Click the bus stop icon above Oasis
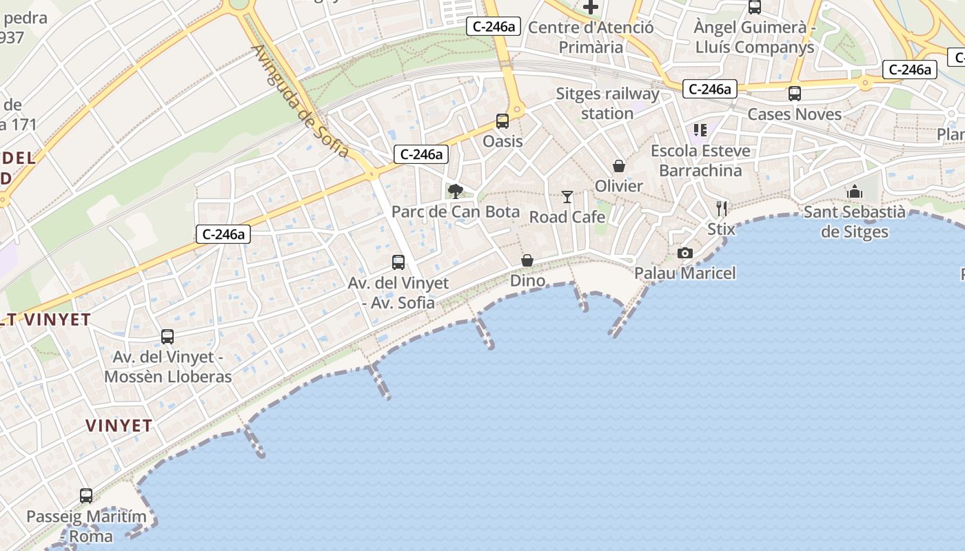coord(502,121)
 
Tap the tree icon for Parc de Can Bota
coord(455,191)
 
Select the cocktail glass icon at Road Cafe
coord(567,197)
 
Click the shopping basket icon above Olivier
coord(619,166)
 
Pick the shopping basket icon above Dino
coord(527,260)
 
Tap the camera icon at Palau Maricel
coord(684,253)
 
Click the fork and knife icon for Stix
coord(722,208)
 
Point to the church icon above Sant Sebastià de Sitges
coord(855,191)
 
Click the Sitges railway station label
coord(607,103)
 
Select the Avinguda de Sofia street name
coord(301,101)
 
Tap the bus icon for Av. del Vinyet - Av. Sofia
coord(398,262)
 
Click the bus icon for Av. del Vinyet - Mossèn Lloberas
coord(167,337)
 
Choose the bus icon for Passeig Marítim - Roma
coord(86,496)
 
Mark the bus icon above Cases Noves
coord(795,94)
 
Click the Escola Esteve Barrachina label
coord(700,160)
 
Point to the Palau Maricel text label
coord(685,273)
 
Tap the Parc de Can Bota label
coord(456,211)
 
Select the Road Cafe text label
coord(567,217)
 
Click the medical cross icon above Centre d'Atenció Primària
coord(591,7)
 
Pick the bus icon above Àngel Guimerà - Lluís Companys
coord(755,7)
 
